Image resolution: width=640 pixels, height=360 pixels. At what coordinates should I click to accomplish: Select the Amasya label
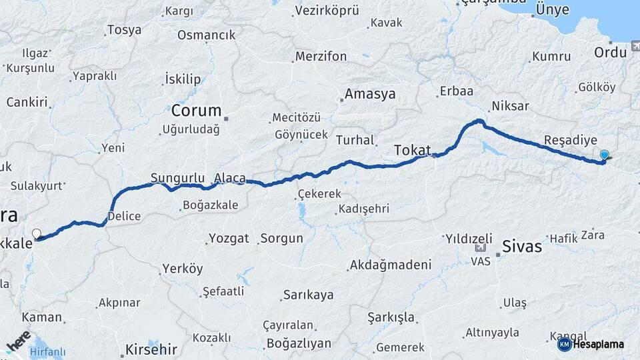tap(370, 94)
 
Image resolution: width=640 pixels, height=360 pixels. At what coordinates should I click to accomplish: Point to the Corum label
tap(196, 111)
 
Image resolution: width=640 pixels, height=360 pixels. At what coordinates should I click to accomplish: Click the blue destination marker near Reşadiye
tap(604, 155)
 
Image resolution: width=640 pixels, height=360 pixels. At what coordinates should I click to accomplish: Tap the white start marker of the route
tap(37, 234)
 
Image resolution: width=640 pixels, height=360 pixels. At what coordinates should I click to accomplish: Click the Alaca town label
tap(230, 178)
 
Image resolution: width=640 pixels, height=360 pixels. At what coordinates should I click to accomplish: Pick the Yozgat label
tap(229, 238)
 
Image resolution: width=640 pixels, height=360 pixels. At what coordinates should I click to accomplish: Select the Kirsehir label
tap(151, 349)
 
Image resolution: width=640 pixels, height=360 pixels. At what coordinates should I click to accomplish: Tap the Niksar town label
tap(510, 106)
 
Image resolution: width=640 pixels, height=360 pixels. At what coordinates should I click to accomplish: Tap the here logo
tap(18, 341)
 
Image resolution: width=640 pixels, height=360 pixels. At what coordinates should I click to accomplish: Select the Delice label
tap(124, 216)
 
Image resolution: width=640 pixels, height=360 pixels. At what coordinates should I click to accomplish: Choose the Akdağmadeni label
tap(391, 265)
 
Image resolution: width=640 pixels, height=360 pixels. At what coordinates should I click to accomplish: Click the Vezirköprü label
tap(327, 11)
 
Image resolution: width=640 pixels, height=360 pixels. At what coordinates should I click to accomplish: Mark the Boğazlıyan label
tap(298, 343)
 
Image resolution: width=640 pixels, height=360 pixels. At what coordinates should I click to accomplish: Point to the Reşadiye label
tap(570, 141)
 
